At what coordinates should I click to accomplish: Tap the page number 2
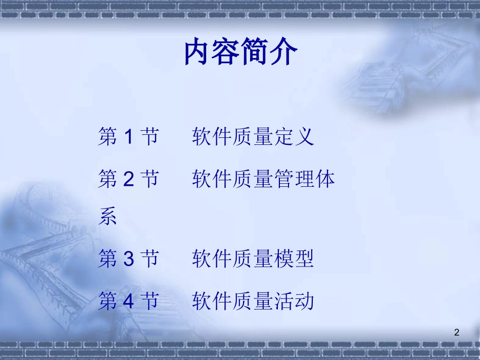pyautogui.click(x=457, y=332)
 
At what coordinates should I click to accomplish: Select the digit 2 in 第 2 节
pyautogui.click(x=128, y=179)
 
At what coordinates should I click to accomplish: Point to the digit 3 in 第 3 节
pyautogui.click(x=128, y=259)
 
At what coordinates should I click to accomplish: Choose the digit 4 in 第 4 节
pyautogui.click(x=128, y=301)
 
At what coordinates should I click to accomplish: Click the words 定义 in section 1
pyautogui.click(x=294, y=137)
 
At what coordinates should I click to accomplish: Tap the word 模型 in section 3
pyautogui.click(x=294, y=259)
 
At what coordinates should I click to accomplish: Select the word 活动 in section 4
pyautogui.click(x=294, y=301)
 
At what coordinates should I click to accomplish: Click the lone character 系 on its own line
pyautogui.click(x=108, y=217)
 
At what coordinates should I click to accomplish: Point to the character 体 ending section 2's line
pyautogui.click(x=325, y=179)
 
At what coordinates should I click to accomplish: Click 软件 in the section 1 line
pyautogui.click(x=212, y=137)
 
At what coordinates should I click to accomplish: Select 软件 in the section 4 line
pyautogui.click(x=212, y=301)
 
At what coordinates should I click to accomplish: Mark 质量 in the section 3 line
pyautogui.click(x=253, y=259)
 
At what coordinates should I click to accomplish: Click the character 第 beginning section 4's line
pyautogui.click(x=108, y=301)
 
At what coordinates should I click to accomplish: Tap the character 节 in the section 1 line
pyautogui.click(x=149, y=137)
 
